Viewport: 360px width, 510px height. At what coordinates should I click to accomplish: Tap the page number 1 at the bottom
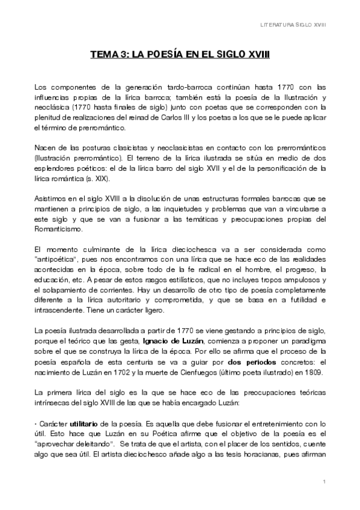(x=324, y=482)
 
